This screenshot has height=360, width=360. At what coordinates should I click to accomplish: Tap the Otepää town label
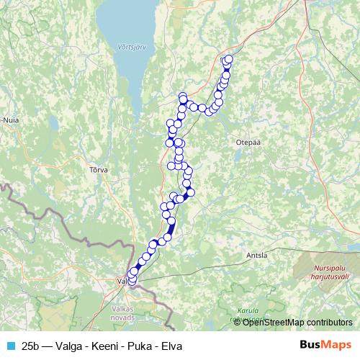[x=246, y=143]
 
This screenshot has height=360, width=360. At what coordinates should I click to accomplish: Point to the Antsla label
[x=256, y=255]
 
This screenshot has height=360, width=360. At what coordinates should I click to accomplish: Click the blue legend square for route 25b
[x=9, y=346]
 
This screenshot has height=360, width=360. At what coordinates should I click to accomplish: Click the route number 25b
[x=31, y=346]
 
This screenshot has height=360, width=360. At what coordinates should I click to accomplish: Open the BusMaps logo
[x=325, y=345]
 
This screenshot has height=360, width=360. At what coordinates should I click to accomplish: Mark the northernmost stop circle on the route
[x=229, y=60]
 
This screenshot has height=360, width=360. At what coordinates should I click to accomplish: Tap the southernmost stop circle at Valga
[x=131, y=282]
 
